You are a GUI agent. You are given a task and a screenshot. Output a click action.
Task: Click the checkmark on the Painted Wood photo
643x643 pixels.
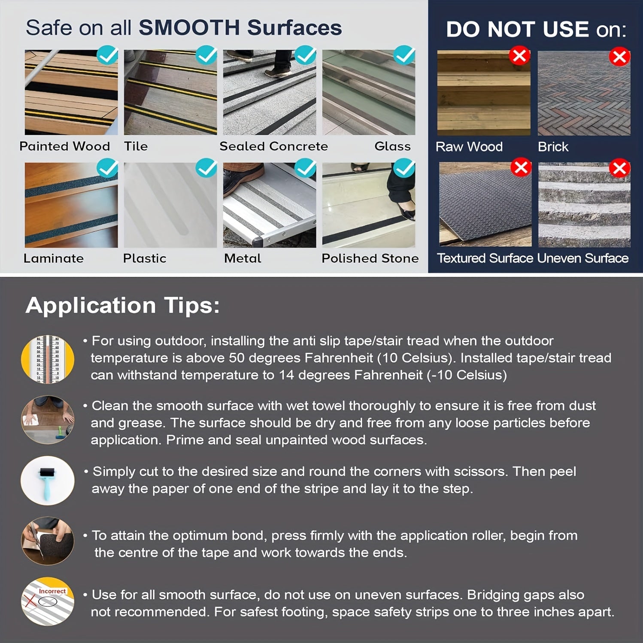(x=107, y=55)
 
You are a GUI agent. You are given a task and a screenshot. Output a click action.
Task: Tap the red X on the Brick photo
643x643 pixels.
(x=619, y=56)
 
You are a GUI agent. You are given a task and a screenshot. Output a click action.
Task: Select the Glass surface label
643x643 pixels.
(x=392, y=146)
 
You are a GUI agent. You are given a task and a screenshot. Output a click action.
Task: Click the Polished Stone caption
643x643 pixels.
(x=370, y=258)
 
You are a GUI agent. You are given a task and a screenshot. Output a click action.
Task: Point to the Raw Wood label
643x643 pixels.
(x=469, y=147)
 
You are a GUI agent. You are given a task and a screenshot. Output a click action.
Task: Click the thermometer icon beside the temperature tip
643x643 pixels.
(x=48, y=359)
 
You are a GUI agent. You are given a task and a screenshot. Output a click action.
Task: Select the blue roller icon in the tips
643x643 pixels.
(x=48, y=480)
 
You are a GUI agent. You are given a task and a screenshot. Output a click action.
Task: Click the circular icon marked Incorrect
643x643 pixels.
(x=48, y=601)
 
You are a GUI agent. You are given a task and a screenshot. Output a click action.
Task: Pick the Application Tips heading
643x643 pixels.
(x=122, y=306)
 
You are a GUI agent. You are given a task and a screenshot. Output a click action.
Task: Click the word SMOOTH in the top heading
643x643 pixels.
(x=189, y=28)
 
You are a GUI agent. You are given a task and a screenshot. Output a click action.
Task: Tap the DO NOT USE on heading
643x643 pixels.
(x=536, y=30)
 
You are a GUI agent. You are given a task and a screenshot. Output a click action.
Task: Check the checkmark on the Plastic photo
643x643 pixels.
(x=206, y=168)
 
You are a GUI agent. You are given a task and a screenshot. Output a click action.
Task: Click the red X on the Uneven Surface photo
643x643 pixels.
(x=619, y=168)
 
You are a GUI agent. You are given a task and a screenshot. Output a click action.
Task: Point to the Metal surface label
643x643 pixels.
(x=243, y=258)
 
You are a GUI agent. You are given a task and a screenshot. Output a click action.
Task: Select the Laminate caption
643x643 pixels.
(x=54, y=258)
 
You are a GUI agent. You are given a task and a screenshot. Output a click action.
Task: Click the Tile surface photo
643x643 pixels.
(x=170, y=92)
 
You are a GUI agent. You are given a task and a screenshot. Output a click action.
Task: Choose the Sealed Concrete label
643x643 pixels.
(x=273, y=146)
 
